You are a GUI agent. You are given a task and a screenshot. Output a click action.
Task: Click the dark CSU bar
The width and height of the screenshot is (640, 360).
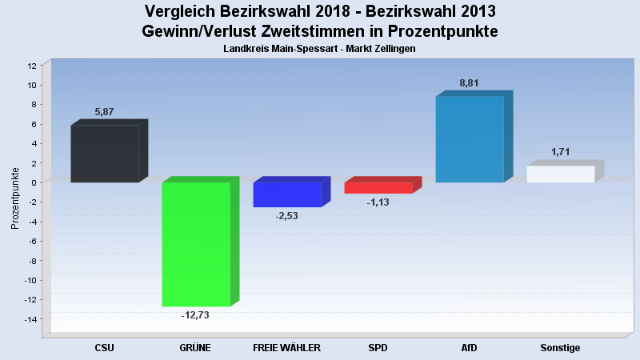pyautogui.click(x=105, y=154)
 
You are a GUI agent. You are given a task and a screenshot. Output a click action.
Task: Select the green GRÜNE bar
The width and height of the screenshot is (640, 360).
pyautogui.click(x=196, y=244)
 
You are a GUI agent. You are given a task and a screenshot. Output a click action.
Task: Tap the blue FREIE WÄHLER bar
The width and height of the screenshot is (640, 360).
pyautogui.click(x=287, y=194)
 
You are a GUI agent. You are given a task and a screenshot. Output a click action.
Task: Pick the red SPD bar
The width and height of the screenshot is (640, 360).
pyautogui.click(x=378, y=188)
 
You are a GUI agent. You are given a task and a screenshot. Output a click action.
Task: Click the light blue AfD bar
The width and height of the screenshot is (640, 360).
pyautogui.click(x=470, y=139)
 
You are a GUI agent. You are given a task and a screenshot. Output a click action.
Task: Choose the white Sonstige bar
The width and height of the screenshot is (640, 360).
pyautogui.click(x=561, y=174)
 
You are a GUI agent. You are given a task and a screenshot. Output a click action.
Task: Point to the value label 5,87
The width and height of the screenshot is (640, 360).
pyautogui.click(x=105, y=112)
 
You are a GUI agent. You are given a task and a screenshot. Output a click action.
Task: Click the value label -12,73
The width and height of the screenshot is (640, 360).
pyautogui.click(x=196, y=315)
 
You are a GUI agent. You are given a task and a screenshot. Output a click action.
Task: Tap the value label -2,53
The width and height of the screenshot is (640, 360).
pyautogui.click(x=287, y=216)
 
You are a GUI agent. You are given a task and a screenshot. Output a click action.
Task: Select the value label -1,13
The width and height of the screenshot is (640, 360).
pyautogui.click(x=378, y=202)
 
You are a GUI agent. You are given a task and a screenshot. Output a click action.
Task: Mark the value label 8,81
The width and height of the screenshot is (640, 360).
pyautogui.click(x=470, y=83)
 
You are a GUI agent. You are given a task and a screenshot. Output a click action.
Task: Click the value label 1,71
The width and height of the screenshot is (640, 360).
pyautogui.click(x=561, y=152)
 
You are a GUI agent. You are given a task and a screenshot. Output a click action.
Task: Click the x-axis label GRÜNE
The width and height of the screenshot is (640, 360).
pyautogui.click(x=196, y=348)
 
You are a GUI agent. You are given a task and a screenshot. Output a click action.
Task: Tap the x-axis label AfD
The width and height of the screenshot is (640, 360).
pyautogui.click(x=470, y=348)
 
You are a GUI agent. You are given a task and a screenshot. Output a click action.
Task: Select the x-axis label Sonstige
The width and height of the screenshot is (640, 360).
pyautogui.click(x=561, y=348)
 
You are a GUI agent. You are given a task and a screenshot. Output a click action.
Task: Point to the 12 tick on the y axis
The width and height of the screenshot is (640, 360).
pyautogui.click(x=33, y=66)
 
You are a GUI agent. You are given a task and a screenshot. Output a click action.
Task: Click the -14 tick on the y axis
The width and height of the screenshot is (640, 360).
pyautogui.click(x=31, y=320)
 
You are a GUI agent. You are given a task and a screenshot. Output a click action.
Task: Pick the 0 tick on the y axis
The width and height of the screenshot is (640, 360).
pyautogui.click(x=35, y=183)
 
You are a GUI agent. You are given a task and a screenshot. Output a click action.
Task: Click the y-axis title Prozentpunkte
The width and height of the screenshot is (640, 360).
pyautogui.click(x=15, y=198)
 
